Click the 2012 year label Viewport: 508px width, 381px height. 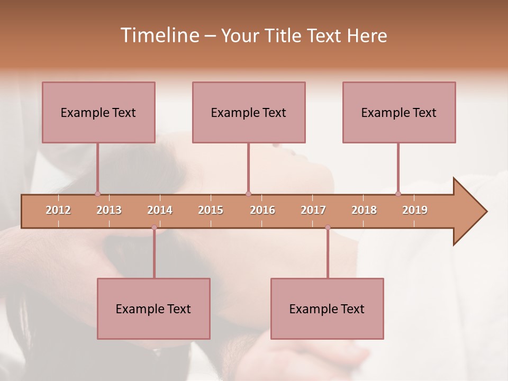(x=58, y=210)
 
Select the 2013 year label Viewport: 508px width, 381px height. (x=109, y=210)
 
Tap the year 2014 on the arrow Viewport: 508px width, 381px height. (x=160, y=210)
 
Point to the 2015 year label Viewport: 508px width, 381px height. (x=211, y=210)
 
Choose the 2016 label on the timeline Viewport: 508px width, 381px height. (x=262, y=210)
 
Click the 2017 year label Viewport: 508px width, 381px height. (x=313, y=210)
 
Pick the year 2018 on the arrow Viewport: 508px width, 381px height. (x=364, y=210)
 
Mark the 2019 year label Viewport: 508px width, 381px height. (x=415, y=210)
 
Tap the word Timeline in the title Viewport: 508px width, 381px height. (x=159, y=35)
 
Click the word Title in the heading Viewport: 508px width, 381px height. (x=285, y=35)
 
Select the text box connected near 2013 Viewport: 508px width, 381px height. (x=98, y=112)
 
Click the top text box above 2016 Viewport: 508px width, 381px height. (x=249, y=112)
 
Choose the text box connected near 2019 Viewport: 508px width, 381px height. (x=399, y=112)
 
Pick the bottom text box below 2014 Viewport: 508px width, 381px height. (x=153, y=309)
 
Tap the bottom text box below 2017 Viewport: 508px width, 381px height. (x=327, y=309)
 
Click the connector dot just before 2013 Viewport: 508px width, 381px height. (x=97, y=194)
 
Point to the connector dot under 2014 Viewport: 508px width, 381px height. (x=154, y=228)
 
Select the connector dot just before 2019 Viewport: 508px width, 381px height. (x=398, y=194)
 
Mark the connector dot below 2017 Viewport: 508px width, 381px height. (x=328, y=228)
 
